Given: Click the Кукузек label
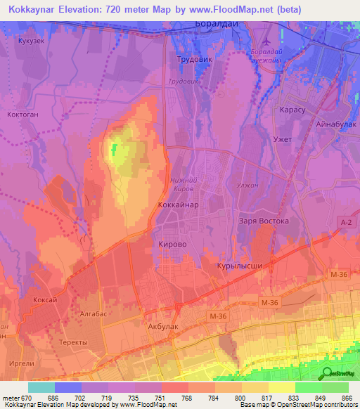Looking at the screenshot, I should (32, 41).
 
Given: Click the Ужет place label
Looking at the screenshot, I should (281, 139).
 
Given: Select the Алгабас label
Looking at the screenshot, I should (93, 313).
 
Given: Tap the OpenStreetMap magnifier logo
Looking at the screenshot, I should (326, 373).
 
